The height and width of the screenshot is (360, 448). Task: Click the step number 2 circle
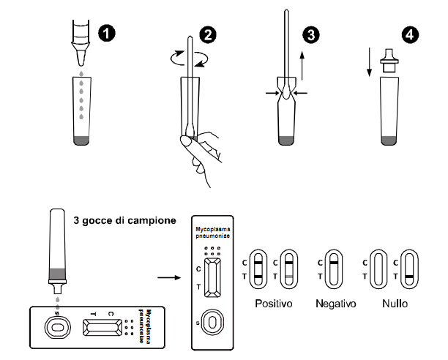[209, 34]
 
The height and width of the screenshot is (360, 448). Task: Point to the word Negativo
[332, 302]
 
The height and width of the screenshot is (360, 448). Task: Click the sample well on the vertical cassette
[212, 321]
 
